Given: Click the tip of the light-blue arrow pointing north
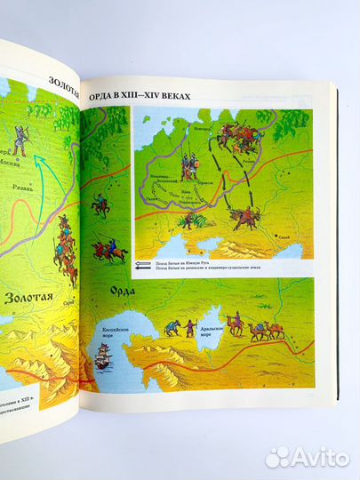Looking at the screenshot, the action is pos(39,153).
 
